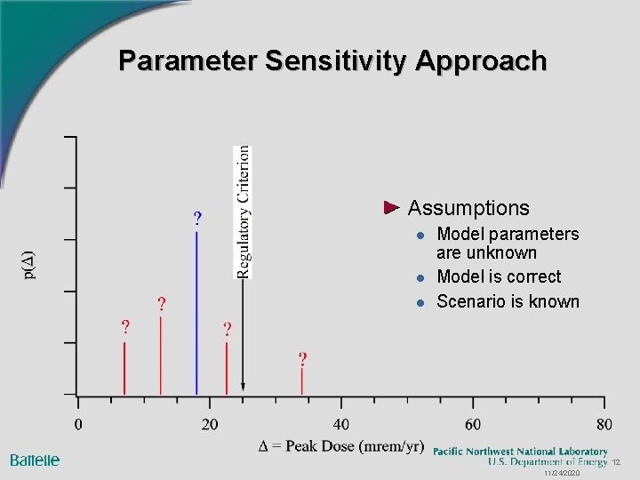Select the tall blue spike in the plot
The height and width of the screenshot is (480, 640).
pos(196,311)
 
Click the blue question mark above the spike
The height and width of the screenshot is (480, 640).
pos(197,218)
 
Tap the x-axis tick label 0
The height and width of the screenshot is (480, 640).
pos(78,423)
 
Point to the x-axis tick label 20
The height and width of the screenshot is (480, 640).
pos(210,423)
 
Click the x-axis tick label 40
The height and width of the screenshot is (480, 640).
pos(341,423)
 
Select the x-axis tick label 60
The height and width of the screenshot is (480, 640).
pos(473,423)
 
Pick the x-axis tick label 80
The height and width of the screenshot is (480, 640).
pos(604,423)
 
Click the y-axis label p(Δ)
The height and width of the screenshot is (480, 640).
pos(28,265)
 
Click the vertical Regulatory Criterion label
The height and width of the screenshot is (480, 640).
pos(244,212)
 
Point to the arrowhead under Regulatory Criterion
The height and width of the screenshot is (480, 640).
pos(243,389)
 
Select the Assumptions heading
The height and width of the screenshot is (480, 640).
pos(468,208)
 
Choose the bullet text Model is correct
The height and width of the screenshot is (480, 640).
pos(499,276)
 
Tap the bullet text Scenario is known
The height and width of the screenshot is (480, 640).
pos(508,301)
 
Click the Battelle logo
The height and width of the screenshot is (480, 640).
pos(35,460)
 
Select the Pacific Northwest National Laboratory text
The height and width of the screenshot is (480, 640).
pos(520,452)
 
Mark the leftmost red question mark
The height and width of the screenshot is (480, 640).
pos(125,326)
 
